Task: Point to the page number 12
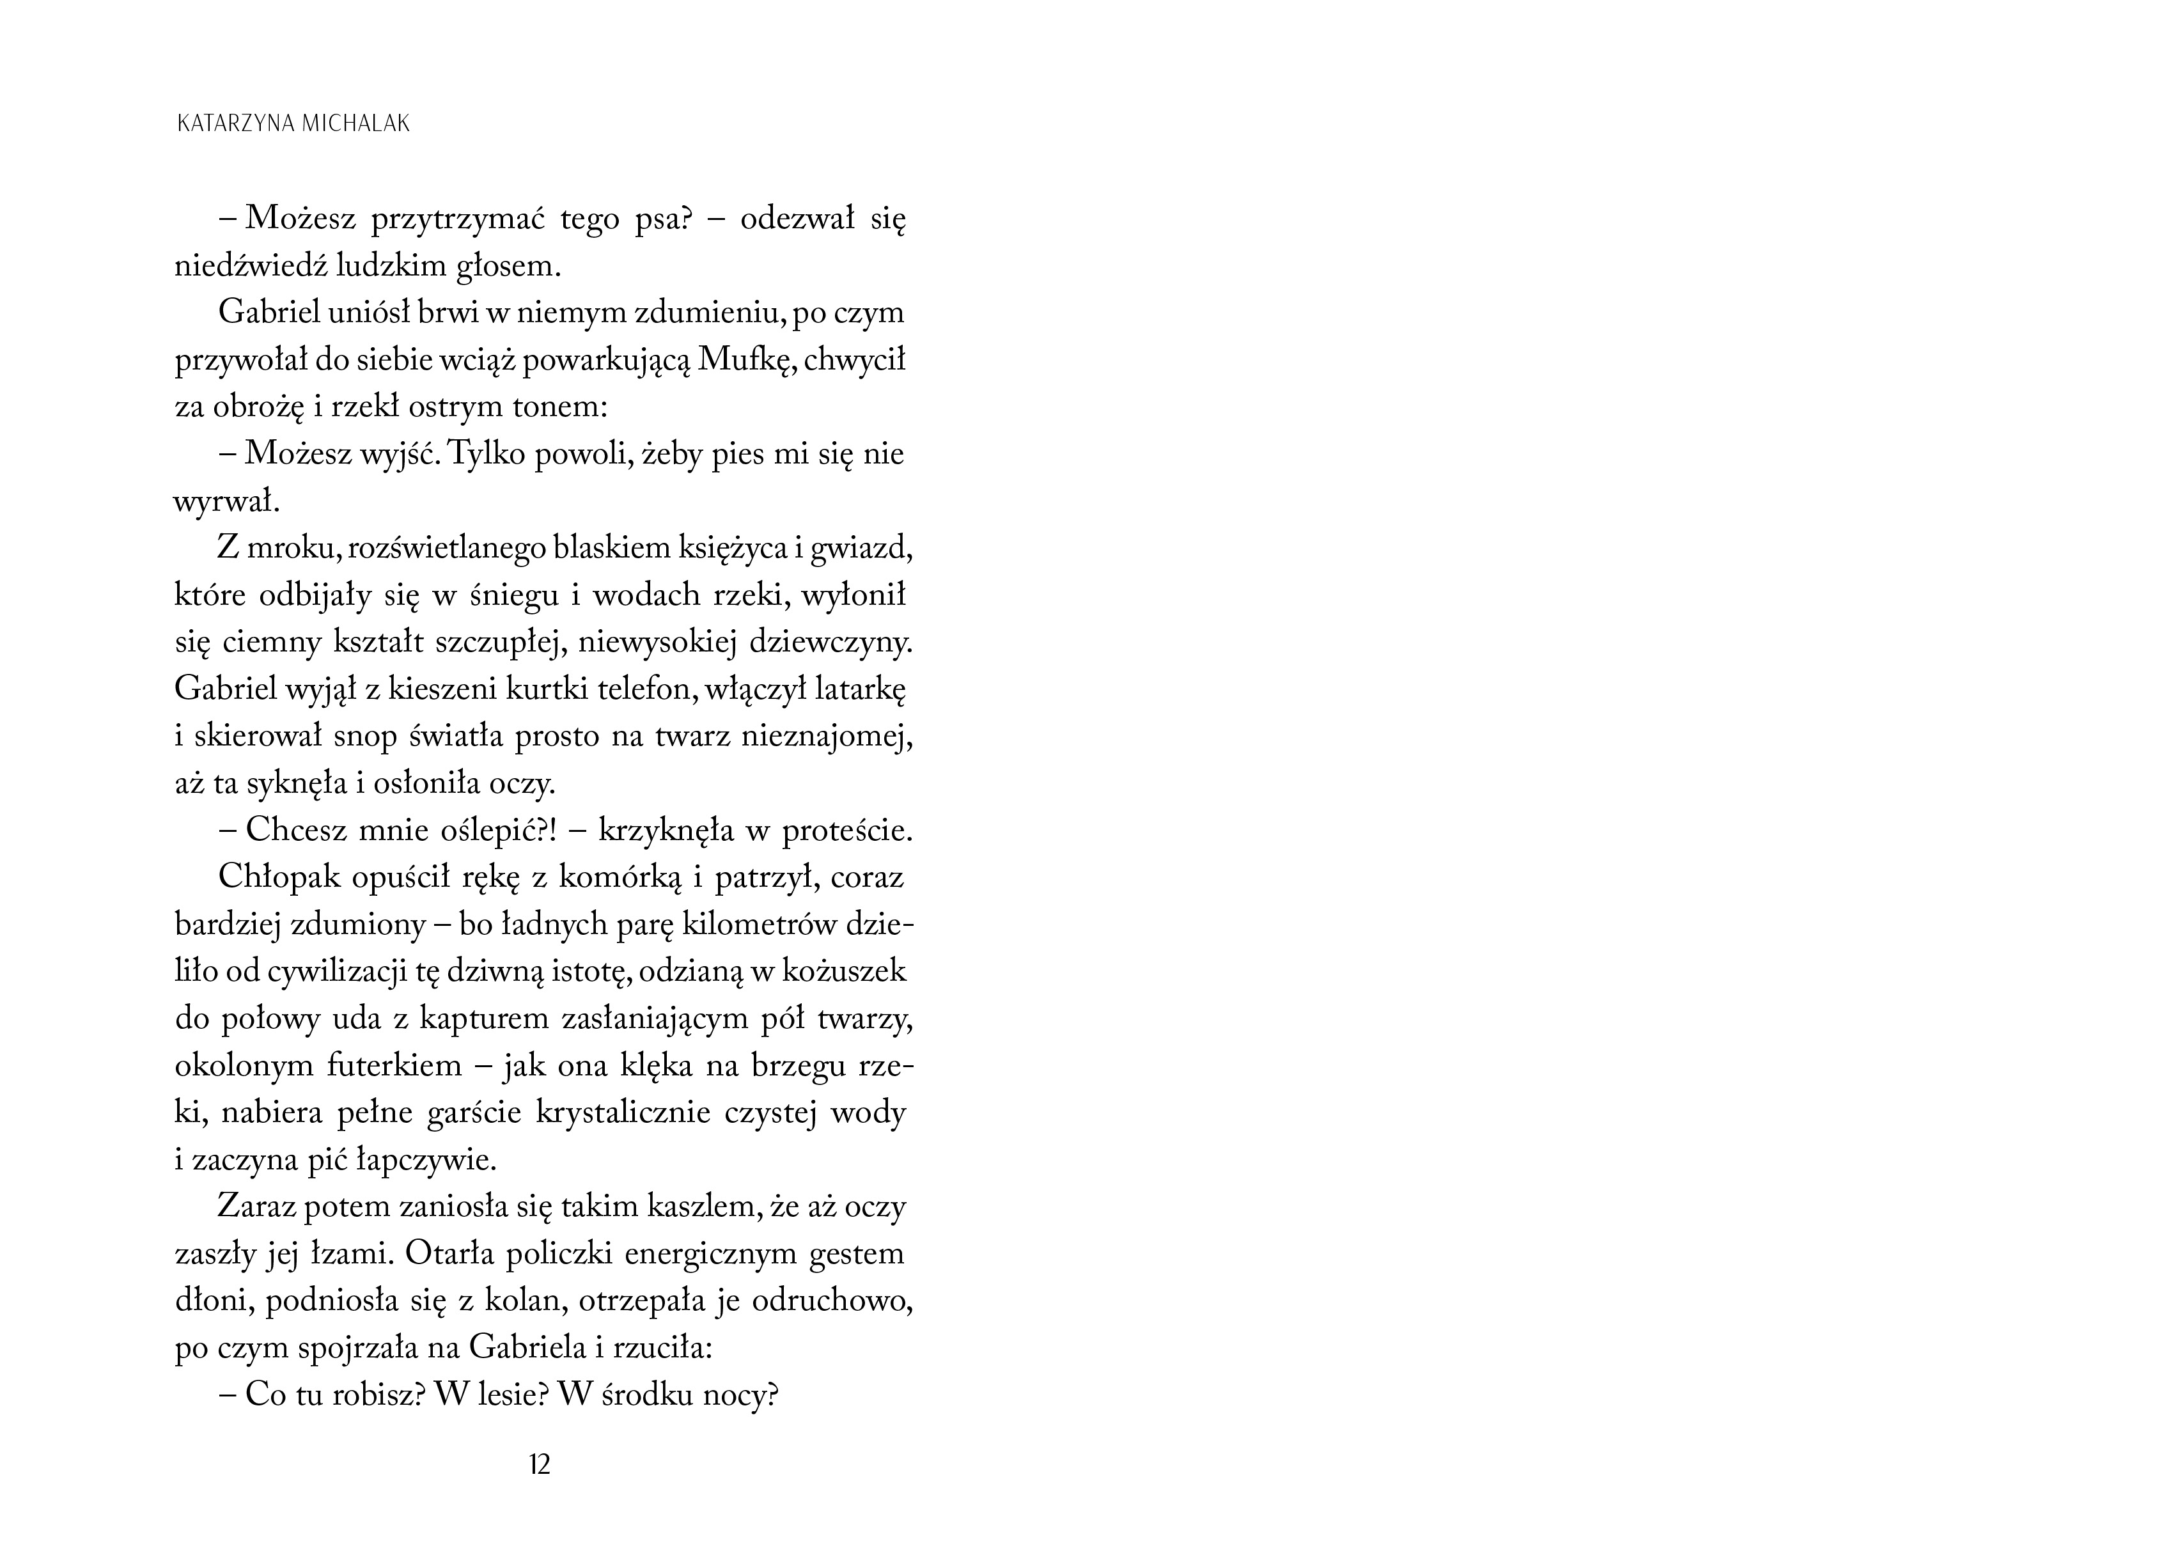(x=540, y=1464)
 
